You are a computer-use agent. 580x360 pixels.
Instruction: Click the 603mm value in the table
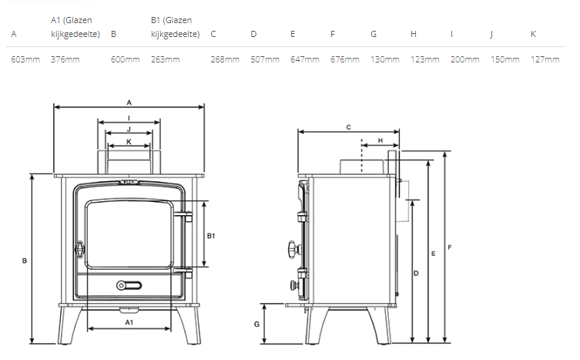tap(25, 59)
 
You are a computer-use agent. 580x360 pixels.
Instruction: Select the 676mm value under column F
tap(345, 59)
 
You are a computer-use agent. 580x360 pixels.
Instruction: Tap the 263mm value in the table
tap(165, 59)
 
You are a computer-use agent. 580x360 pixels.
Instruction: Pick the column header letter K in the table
tap(533, 34)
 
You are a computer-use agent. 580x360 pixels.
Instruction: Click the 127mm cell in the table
tap(545, 59)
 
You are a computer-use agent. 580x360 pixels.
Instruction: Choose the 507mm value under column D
tap(265, 59)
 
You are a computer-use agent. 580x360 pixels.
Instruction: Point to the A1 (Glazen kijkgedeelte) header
tap(75, 27)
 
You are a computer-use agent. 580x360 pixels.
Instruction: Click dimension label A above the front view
tap(129, 103)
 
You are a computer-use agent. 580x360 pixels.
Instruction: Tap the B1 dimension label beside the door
tap(211, 236)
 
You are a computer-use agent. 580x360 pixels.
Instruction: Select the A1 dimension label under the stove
tap(129, 322)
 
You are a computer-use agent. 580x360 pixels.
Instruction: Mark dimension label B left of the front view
tap(25, 261)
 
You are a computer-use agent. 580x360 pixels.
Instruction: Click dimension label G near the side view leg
tap(256, 324)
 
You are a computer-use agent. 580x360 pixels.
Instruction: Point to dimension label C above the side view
tap(348, 127)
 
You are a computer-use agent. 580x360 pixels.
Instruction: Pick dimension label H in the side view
tap(381, 141)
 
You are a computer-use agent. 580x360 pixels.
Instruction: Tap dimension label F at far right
tap(449, 247)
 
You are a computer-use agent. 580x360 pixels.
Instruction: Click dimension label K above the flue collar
tap(129, 142)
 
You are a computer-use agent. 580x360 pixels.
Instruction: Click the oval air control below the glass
tap(129, 285)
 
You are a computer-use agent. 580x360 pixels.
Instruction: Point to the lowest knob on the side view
tap(295, 285)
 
